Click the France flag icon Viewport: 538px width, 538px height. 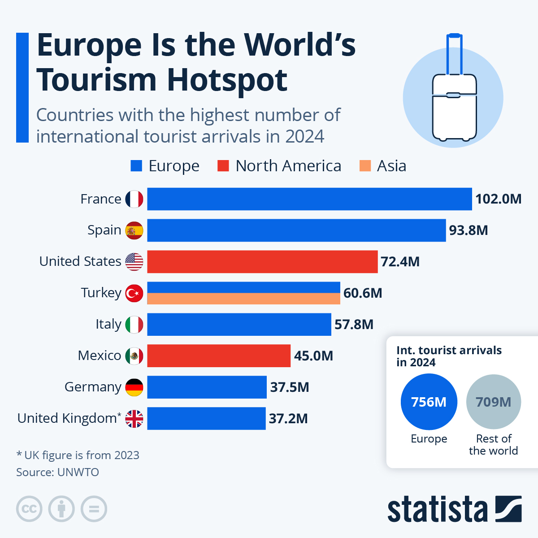click(x=134, y=199)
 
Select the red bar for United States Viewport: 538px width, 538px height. click(x=262, y=262)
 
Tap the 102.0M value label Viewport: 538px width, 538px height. click(x=498, y=199)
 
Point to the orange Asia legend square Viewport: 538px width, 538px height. click(x=365, y=166)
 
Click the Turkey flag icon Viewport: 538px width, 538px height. click(x=134, y=293)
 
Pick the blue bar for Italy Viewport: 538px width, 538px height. click(x=239, y=325)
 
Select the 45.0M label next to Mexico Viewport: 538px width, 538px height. click(x=313, y=356)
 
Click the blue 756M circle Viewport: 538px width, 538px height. click(x=429, y=402)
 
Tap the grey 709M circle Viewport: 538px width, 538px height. click(x=493, y=402)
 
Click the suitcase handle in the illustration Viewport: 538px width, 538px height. click(x=454, y=54)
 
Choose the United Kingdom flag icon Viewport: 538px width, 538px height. click(x=134, y=419)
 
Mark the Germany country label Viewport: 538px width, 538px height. click(x=93, y=387)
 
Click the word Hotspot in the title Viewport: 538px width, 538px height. click(x=227, y=80)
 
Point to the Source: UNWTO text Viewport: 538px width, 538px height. click(x=57, y=472)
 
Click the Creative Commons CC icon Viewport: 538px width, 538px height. click(x=29, y=509)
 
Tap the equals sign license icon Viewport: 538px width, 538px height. click(x=94, y=509)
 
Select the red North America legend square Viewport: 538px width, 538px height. click(x=223, y=166)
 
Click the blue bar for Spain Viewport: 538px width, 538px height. click(x=296, y=230)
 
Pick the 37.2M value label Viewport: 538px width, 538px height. click(x=288, y=419)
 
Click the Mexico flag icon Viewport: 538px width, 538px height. click(x=134, y=356)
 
